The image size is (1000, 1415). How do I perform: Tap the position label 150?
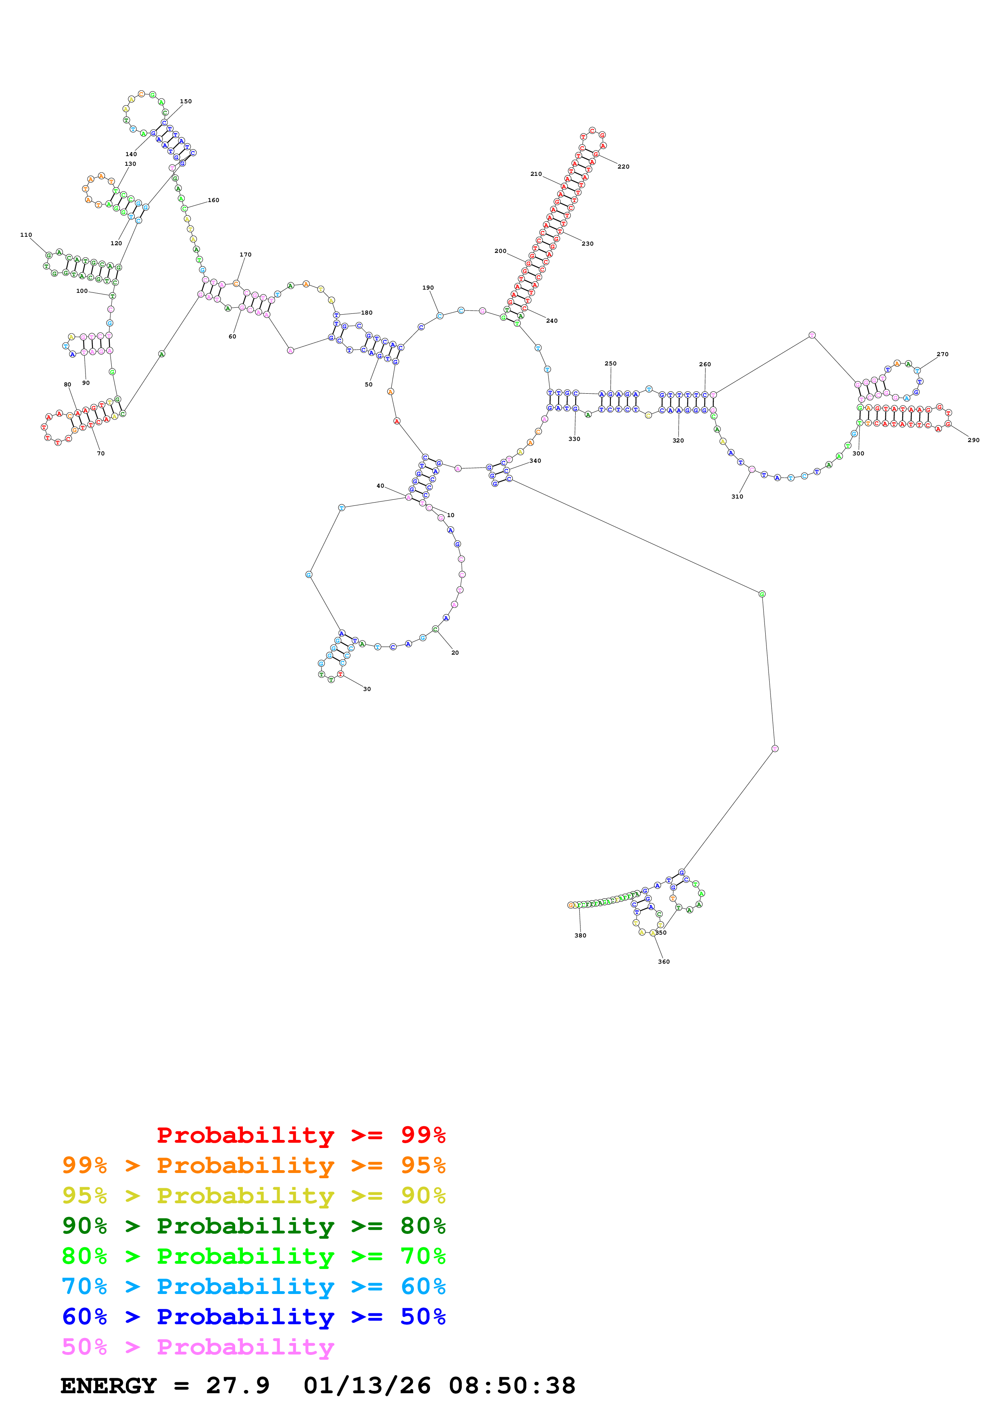coord(186,102)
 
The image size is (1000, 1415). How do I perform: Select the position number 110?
coord(26,235)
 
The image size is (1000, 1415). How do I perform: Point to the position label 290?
coord(973,440)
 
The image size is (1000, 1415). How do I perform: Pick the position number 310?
coord(737,497)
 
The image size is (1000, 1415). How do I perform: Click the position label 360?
coord(664,961)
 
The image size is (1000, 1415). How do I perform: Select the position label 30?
coord(367,689)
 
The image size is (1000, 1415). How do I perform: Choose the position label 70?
coord(100,454)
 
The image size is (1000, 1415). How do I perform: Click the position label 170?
coord(245,255)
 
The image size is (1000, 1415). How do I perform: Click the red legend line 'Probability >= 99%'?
coord(301,1135)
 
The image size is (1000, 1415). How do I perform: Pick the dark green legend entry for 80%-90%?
coord(253,1226)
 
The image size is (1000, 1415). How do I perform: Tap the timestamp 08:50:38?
coord(511,1386)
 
